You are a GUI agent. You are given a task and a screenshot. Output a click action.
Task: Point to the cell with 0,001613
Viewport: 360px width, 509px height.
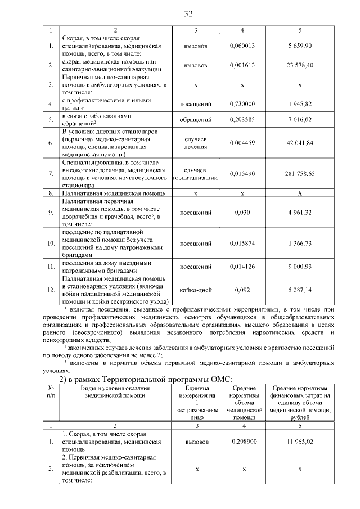[242, 65]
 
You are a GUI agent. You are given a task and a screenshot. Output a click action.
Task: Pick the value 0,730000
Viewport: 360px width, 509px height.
[242, 104]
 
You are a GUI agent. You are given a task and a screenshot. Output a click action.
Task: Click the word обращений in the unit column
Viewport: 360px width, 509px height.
[195, 120]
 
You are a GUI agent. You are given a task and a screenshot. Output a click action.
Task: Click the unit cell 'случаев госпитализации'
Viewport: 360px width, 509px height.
[195, 174]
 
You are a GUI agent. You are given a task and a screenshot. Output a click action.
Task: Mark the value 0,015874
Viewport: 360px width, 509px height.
[242, 243]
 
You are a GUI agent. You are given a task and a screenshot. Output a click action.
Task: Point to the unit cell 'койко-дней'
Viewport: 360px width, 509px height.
[195, 290]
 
